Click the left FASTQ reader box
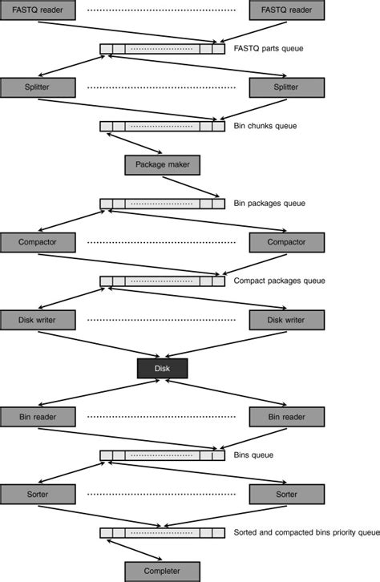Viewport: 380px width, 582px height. (38, 10)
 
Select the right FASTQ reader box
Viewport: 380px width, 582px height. (287, 10)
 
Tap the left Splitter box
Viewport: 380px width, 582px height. (38, 87)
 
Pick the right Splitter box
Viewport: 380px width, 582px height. (287, 87)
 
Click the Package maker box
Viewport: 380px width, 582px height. (162, 164)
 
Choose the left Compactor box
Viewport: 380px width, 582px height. (38, 242)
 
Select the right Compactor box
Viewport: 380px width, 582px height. (287, 242)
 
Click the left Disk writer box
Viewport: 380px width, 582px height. (38, 320)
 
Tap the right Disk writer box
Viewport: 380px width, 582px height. (287, 320)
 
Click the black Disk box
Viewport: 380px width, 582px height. (162, 369)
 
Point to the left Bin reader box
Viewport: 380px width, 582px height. (38, 417)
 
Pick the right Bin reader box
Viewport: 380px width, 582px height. (287, 417)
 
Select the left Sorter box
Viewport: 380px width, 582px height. (38, 494)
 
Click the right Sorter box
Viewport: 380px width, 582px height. (287, 494)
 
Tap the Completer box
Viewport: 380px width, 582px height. (162, 572)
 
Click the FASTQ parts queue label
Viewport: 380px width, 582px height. (267, 49)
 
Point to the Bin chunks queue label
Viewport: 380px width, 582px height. (265, 127)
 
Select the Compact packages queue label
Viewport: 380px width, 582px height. (278, 281)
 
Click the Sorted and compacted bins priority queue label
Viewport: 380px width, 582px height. (305, 533)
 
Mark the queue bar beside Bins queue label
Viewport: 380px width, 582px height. (162, 455)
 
